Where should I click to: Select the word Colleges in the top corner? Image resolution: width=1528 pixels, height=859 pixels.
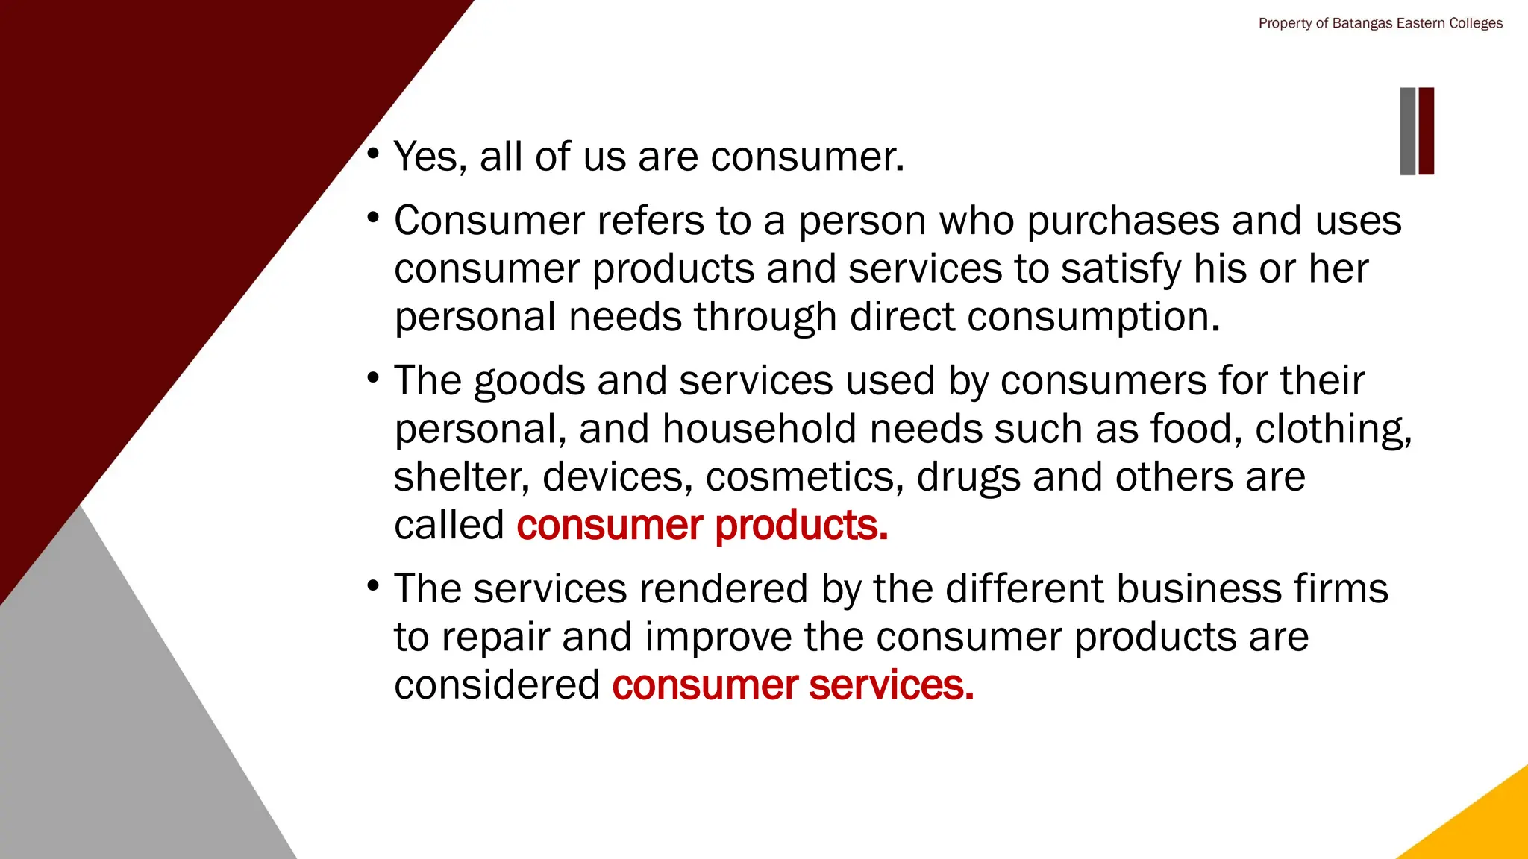click(1475, 23)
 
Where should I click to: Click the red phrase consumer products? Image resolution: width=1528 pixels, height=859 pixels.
click(701, 525)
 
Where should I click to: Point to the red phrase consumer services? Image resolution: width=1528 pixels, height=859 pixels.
click(792, 685)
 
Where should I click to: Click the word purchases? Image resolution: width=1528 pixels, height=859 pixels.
click(1123, 221)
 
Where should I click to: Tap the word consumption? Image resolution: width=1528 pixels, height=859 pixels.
click(1094, 318)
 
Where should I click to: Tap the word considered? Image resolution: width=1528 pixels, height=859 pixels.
click(496, 685)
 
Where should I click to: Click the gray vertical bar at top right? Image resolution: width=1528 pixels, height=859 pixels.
click(1407, 131)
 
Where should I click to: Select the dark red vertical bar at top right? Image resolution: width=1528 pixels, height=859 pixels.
click(1426, 131)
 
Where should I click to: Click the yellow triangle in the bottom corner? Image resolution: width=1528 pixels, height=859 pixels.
click(1485, 828)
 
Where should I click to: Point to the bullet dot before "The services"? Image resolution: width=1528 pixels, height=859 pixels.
click(373, 585)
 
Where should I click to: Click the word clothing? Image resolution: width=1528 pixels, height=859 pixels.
click(1333, 429)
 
